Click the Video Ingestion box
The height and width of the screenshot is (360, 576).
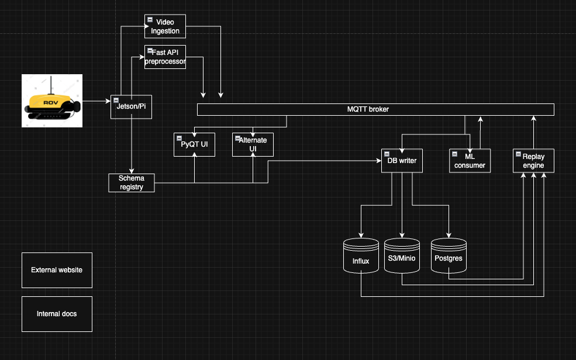[x=165, y=27]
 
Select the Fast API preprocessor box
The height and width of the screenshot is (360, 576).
[x=165, y=57]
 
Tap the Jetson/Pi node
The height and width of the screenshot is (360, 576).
[x=131, y=107]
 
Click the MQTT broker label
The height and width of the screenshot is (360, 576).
[x=368, y=109]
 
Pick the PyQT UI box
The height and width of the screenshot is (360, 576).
[x=194, y=145]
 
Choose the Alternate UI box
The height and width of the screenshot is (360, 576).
[x=253, y=145]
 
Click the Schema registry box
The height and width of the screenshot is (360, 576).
[x=132, y=182]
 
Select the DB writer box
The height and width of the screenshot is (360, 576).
[x=402, y=161]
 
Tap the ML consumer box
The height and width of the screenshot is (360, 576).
[x=470, y=161]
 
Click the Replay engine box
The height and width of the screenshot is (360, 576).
[x=533, y=161]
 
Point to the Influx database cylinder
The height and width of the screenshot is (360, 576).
[x=361, y=257]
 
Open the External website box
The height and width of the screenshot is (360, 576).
[x=57, y=270]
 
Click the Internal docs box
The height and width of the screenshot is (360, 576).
[x=57, y=314]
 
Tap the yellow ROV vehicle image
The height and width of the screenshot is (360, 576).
[x=52, y=101]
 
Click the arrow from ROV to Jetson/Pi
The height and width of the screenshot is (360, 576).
[x=96, y=101]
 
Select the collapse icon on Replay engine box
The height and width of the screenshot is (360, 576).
[x=518, y=154]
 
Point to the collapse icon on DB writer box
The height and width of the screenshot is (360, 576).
[x=386, y=154]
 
